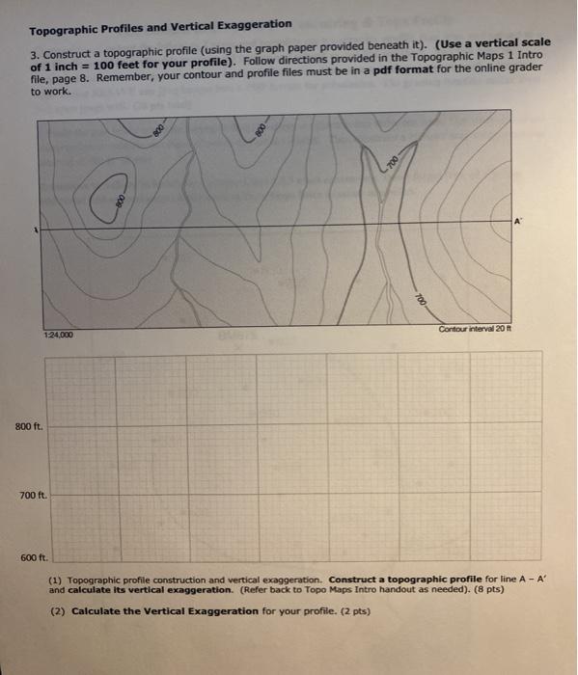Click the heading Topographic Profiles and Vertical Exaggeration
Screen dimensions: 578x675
(x=159, y=23)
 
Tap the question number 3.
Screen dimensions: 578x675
(x=33, y=43)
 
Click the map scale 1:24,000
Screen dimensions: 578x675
(x=59, y=335)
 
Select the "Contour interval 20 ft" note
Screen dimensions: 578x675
(x=480, y=329)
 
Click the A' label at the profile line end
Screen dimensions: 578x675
(x=518, y=221)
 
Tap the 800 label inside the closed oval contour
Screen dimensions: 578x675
(x=120, y=198)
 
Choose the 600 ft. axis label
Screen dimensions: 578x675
(x=33, y=557)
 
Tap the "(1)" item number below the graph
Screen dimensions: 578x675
(x=56, y=580)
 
